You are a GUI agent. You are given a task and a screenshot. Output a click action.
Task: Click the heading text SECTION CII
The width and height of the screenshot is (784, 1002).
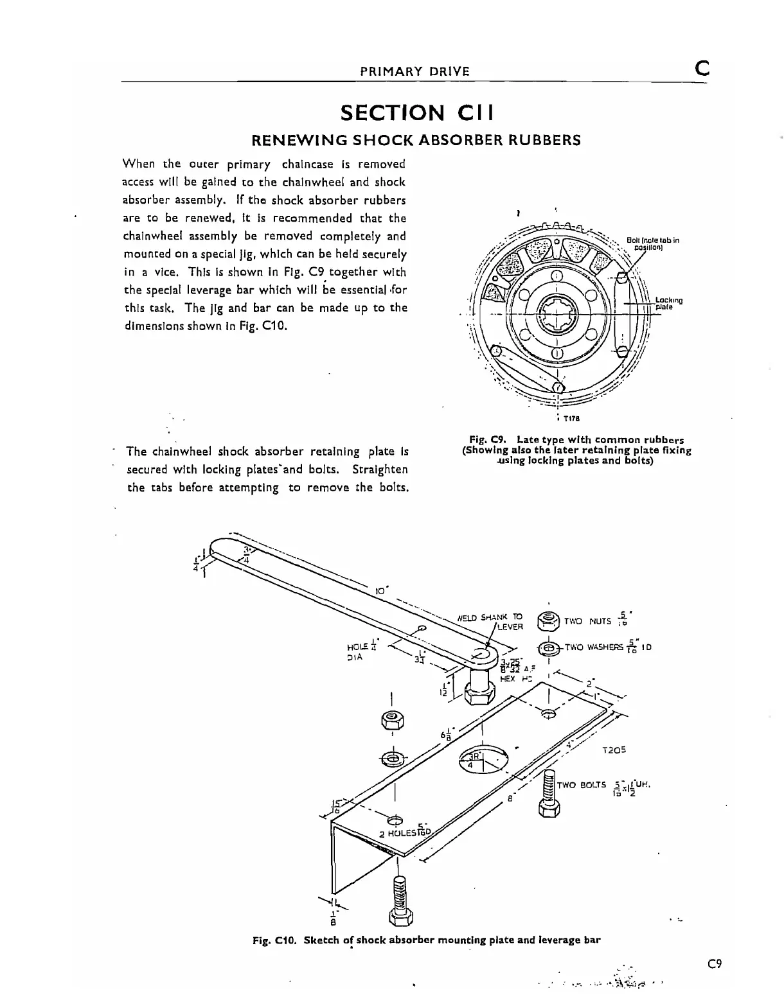tap(417, 113)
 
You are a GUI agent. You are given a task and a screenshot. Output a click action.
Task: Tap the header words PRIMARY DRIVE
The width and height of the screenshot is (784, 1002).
tap(414, 71)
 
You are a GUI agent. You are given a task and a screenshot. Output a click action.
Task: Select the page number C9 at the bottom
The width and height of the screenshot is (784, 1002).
tap(715, 963)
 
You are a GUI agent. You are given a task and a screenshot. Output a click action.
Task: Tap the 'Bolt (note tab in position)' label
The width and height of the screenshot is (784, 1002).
tap(653, 243)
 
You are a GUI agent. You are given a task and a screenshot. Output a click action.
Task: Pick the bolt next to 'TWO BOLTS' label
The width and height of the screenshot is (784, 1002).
tap(550, 794)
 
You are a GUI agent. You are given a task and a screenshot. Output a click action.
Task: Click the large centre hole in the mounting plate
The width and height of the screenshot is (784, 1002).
tap(479, 760)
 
